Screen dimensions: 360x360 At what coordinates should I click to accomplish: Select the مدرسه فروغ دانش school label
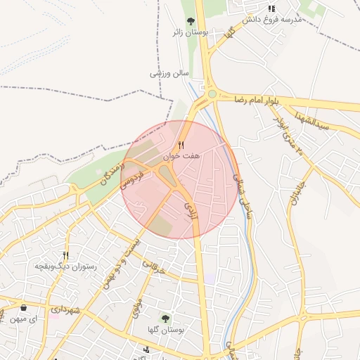click(x=271, y=20)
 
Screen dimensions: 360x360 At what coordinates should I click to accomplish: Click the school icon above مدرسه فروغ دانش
click(x=271, y=8)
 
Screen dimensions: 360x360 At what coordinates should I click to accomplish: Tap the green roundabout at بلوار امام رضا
click(x=212, y=94)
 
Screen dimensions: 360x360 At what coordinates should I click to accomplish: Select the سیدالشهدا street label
click(x=313, y=121)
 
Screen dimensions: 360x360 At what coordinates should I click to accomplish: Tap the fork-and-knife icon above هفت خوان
click(x=181, y=145)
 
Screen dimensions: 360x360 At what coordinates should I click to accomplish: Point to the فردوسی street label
click(x=132, y=176)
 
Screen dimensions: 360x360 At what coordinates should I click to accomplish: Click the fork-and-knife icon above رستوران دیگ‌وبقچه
click(x=65, y=256)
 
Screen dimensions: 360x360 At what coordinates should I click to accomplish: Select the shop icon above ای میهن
click(x=24, y=308)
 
